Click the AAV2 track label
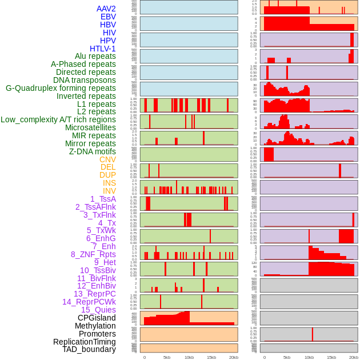[x=106, y=9]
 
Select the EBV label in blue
[x=108, y=17]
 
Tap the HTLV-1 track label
[x=103, y=49]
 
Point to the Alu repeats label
[x=95, y=56]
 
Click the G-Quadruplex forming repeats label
[x=61, y=88]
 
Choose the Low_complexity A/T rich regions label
[x=58, y=119]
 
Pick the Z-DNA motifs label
[x=93, y=151]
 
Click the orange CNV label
[x=107, y=159]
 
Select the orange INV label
[x=109, y=191]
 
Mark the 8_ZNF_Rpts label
[x=93, y=254]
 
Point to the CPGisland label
[x=97, y=318]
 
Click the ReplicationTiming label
[x=85, y=342]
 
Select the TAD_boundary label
[x=89, y=349]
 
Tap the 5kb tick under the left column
[x=167, y=357]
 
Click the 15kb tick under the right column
[x=331, y=357]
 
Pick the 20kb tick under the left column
[x=234, y=357]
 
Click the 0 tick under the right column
[x=264, y=357]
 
